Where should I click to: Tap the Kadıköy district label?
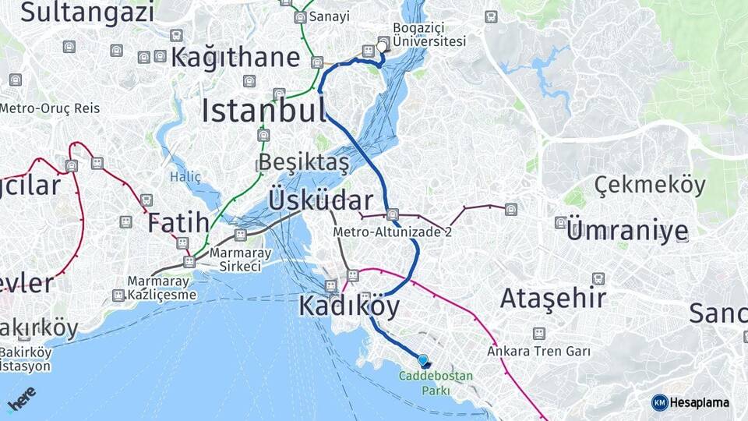pos(349,306)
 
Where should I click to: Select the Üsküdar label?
pos(320,200)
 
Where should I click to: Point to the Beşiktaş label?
pos(303,163)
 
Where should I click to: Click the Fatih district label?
pos(178,221)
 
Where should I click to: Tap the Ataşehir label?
pos(552,298)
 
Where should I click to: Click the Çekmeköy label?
pos(650,186)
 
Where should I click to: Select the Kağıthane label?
pos(235,57)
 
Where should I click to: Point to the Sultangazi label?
pos(87,12)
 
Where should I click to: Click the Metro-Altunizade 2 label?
pos(392,232)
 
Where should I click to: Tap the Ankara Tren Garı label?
pos(538,352)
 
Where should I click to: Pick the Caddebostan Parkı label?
pos(436,383)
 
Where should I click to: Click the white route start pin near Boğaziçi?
pos(381,48)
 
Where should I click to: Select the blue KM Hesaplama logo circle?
pos(659,402)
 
